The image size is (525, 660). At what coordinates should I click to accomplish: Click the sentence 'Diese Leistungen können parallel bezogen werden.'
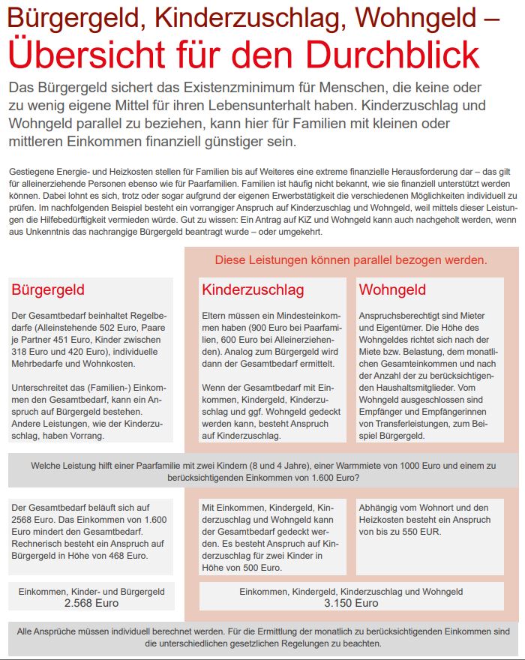pos(351,260)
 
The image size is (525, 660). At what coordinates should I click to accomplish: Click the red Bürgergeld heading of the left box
pos(48,289)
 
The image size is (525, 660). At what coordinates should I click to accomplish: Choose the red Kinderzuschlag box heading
pos(253,289)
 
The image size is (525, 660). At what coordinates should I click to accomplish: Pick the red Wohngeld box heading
pos(392,289)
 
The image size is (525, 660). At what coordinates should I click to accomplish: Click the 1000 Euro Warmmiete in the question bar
pos(341,466)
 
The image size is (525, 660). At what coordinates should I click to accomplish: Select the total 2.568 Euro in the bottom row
pos(91,603)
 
